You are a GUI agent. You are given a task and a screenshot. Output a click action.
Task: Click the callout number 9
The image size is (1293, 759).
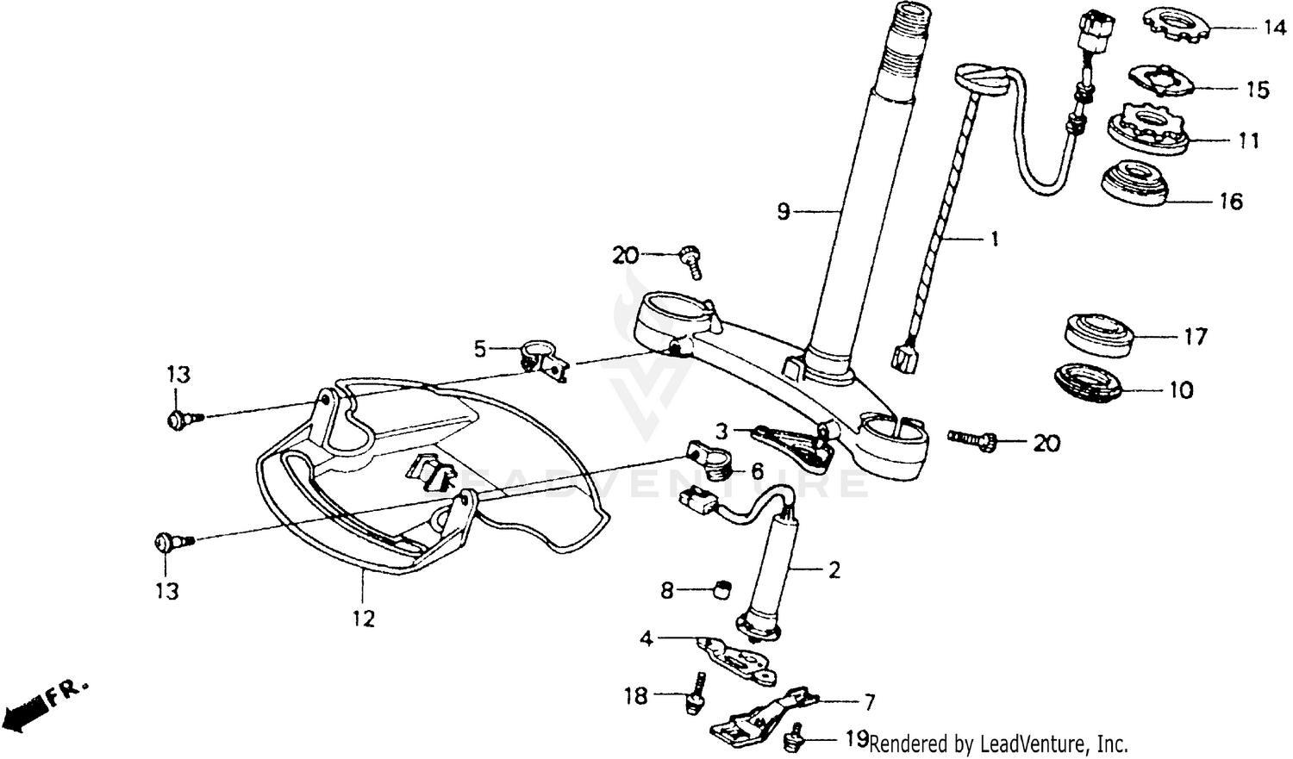[783, 210]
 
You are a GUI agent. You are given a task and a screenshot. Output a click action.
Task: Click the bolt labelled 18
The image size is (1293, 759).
[692, 694]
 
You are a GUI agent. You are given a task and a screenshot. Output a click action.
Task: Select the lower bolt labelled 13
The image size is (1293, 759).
[168, 542]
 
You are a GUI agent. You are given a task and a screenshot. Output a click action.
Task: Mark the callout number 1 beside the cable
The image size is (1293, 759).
[994, 239]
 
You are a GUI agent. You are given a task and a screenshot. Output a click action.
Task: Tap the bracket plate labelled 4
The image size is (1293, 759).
[734, 660]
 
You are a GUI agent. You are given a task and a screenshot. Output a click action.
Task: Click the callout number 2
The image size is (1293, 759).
[834, 569]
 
